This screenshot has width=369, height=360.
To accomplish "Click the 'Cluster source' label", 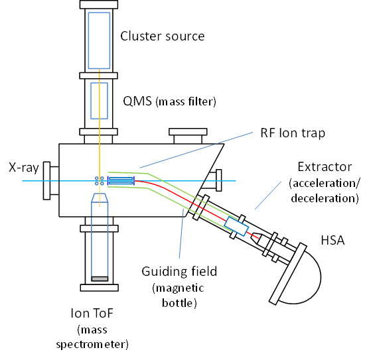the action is coord(163,36).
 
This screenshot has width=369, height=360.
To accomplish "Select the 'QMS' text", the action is coord(137,101).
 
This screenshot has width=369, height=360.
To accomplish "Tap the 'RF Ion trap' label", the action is coord(293,133).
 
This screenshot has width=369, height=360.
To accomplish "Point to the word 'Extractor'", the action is coord(325,167).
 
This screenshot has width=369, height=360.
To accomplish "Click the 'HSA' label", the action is coord(332,240).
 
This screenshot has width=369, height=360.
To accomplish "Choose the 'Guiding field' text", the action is coord(179,271).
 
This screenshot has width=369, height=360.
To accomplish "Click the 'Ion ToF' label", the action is coord(92,313).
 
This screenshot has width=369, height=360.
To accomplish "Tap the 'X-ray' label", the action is coord(24,168).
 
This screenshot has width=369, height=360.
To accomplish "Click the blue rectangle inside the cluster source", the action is coord(99,40).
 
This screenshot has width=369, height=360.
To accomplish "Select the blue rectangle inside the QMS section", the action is coord(99,101).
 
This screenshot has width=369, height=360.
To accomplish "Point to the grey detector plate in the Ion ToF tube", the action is coord(100,278).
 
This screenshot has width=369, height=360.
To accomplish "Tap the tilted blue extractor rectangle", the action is coord(236,226).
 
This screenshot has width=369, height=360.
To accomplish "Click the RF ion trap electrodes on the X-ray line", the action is coord(121,181).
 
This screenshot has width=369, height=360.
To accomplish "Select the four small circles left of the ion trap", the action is coord(100,181).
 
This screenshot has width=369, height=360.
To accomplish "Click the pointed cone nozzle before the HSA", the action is coord(256,238).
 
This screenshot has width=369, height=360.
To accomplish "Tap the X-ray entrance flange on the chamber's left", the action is coord(46,180).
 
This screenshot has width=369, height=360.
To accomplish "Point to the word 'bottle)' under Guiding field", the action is coord(179,303).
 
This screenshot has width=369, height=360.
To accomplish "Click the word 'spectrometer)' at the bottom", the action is coord(92,345).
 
